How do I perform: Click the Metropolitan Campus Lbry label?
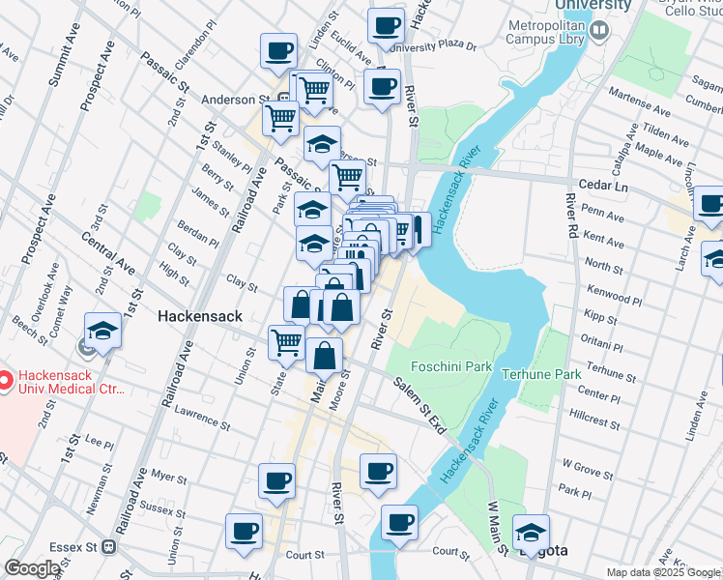pos(546,31)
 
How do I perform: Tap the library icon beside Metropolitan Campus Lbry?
pos(599,32)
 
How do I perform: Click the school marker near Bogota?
pos(531,533)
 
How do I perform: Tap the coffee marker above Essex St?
pos(244,531)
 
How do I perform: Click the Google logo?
pos(32,568)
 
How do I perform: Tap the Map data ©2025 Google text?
pos(663,572)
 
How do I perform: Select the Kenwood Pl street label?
pos(615,289)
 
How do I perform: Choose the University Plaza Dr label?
pos(443,45)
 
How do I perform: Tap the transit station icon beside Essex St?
pos(109,546)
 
